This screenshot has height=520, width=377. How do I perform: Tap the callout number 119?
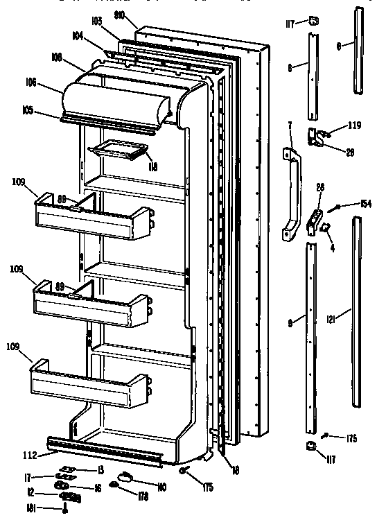(355, 125)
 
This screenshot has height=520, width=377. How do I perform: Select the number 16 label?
(97, 488)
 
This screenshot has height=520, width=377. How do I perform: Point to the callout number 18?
(236, 470)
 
